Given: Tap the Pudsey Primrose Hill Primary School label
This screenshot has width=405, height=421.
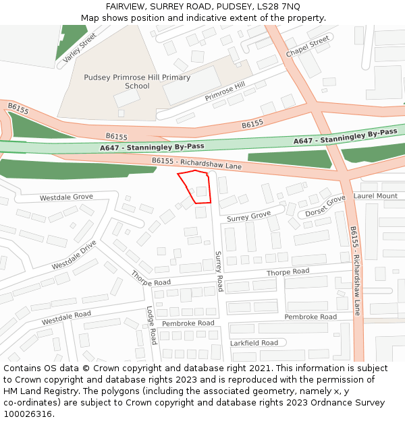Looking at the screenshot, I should (x=137, y=82).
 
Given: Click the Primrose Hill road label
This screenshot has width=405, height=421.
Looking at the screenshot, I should (x=225, y=92).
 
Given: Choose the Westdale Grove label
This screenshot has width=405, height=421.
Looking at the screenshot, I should (x=66, y=197).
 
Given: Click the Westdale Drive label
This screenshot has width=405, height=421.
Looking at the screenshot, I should (x=74, y=255).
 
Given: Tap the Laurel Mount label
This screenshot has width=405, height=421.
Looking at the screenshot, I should (x=375, y=196).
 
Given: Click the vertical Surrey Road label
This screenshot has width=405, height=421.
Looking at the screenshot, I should (x=219, y=271).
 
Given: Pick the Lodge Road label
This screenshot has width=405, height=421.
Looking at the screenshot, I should (x=152, y=325).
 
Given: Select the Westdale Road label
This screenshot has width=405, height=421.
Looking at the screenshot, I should (x=66, y=318).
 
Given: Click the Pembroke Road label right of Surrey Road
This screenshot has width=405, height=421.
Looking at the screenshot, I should (x=310, y=317).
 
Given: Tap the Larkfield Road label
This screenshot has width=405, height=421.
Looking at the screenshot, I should (x=254, y=343).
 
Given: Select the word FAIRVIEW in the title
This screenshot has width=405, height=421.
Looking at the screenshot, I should (x=126, y=6).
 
